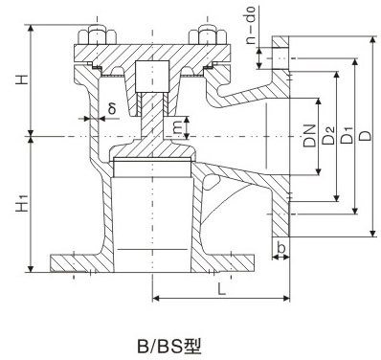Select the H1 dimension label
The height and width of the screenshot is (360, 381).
[19, 203]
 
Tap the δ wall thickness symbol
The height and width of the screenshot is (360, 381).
[112, 108]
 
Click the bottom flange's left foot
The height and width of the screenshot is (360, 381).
[75, 260]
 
